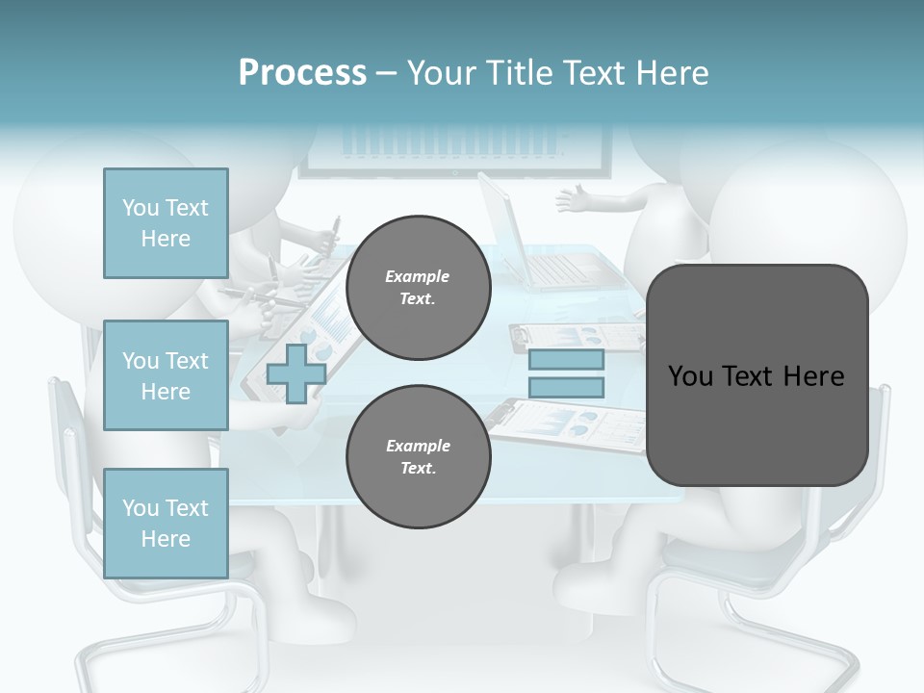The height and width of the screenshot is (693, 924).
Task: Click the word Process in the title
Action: tap(302, 73)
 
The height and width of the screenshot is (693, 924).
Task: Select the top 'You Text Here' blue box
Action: tap(166, 223)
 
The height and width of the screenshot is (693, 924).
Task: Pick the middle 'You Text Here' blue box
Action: tap(166, 375)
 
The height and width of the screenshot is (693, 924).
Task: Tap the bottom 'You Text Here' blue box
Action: tap(166, 523)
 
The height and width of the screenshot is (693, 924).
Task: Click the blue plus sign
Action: tap(296, 373)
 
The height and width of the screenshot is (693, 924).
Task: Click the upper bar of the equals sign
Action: tap(566, 360)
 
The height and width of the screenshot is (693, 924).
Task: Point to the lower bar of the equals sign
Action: tap(566, 387)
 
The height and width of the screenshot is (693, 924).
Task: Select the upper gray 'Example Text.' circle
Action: tap(418, 288)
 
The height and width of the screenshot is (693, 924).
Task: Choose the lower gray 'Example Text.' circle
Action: tap(418, 457)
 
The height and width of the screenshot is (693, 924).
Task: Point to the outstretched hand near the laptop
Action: tap(577, 200)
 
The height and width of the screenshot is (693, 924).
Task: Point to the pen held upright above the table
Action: tap(334, 231)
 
